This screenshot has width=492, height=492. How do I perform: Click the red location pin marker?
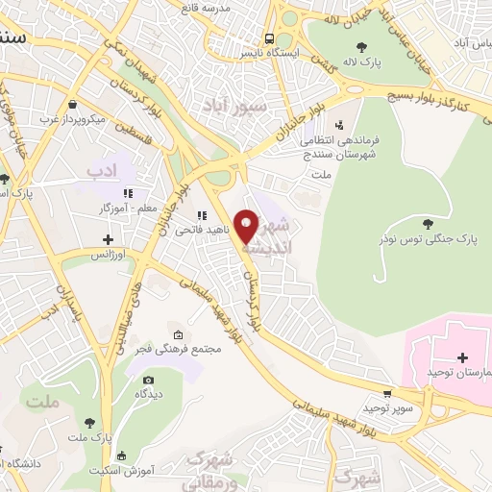[247, 226]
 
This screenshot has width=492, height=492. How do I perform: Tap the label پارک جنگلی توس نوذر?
[430, 237]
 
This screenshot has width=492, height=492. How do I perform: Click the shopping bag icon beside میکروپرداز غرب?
[73, 105]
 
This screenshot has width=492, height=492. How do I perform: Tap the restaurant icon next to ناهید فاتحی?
[202, 216]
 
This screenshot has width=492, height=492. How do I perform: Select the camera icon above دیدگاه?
[149, 378]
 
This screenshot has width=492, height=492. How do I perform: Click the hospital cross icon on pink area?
[462, 357]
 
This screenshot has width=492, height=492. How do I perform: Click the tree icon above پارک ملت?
[89, 423]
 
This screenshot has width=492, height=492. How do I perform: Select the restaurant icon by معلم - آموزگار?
[129, 193]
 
